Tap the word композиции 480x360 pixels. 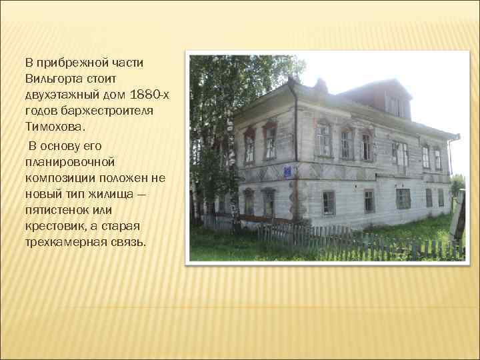click(x=59, y=177)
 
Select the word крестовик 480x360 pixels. click(x=53, y=225)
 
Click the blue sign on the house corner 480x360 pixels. click(x=287, y=172)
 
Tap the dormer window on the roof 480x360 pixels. click(x=395, y=105)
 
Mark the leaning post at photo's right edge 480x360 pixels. click(x=457, y=220)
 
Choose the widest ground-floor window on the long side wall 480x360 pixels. click(x=403, y=198)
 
